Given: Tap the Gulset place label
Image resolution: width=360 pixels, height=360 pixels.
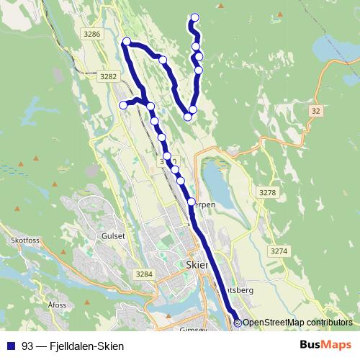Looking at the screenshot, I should tap(114, 235).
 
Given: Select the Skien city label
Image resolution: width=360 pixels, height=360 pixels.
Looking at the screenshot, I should tap(197, 264).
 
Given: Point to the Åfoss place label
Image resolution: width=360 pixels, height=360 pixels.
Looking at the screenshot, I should tap(57, 305).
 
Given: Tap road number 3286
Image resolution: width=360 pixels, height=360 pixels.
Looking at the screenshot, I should tap(92, 34).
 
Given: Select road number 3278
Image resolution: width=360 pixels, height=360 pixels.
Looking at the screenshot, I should tap(267, 193).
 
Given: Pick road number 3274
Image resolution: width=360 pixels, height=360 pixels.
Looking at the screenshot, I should tap(278, 251).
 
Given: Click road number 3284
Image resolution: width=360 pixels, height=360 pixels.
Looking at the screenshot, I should tap(145, 274).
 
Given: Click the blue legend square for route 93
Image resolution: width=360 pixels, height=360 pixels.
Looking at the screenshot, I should tap(11, 346).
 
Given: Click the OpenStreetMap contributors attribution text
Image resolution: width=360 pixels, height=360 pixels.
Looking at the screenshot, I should tap(297, 323).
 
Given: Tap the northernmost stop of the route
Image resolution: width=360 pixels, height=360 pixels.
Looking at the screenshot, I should tap(194, 18).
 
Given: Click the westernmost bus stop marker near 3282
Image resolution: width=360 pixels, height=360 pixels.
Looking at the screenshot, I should tap(123, 105).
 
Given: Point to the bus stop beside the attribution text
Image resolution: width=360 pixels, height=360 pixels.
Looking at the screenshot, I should tap(237, 322).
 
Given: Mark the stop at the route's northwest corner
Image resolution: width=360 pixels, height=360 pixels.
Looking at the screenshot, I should tap(127, 42).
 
